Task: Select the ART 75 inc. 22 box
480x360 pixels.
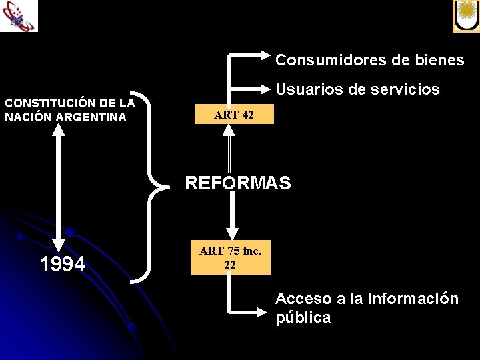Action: [x=230, y=257]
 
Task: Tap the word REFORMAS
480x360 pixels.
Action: [x=238, y=183]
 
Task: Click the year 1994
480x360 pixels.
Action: [x=63, y=265]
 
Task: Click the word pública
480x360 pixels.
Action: [x=303, y=317]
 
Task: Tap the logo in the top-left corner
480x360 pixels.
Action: [x=19, y=15]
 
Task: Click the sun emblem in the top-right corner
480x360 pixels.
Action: [x=466, y=15]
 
